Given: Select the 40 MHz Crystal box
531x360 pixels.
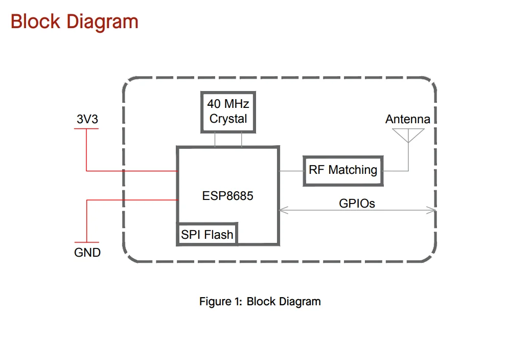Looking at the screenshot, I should point(228,111).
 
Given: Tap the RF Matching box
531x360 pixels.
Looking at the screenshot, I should point(343,170).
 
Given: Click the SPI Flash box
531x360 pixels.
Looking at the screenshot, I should point(207,235).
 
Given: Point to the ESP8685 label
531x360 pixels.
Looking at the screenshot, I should point(228,196).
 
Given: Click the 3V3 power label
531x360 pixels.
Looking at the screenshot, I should point(87,119).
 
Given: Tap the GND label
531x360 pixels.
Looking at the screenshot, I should point(87,252).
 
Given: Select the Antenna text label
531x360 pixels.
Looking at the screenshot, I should point(407,119).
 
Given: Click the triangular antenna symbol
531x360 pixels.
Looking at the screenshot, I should point(408,134).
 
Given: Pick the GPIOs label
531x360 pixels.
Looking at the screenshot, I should point(357,204).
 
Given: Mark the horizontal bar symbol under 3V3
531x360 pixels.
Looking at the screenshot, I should point(86,128).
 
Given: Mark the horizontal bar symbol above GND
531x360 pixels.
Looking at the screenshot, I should point(86,242).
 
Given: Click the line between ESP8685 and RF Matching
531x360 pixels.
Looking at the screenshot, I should point(291,170).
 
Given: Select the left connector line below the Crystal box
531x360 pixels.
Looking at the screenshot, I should point(215,140).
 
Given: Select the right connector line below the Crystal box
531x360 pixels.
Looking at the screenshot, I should point(242,140).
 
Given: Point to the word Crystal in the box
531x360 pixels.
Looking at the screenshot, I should point(228,119).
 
